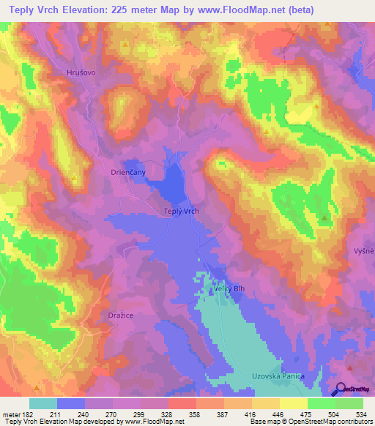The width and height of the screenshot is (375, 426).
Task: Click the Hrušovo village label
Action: point(81,73)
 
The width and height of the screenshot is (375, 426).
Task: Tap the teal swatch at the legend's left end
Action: point(42,403)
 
